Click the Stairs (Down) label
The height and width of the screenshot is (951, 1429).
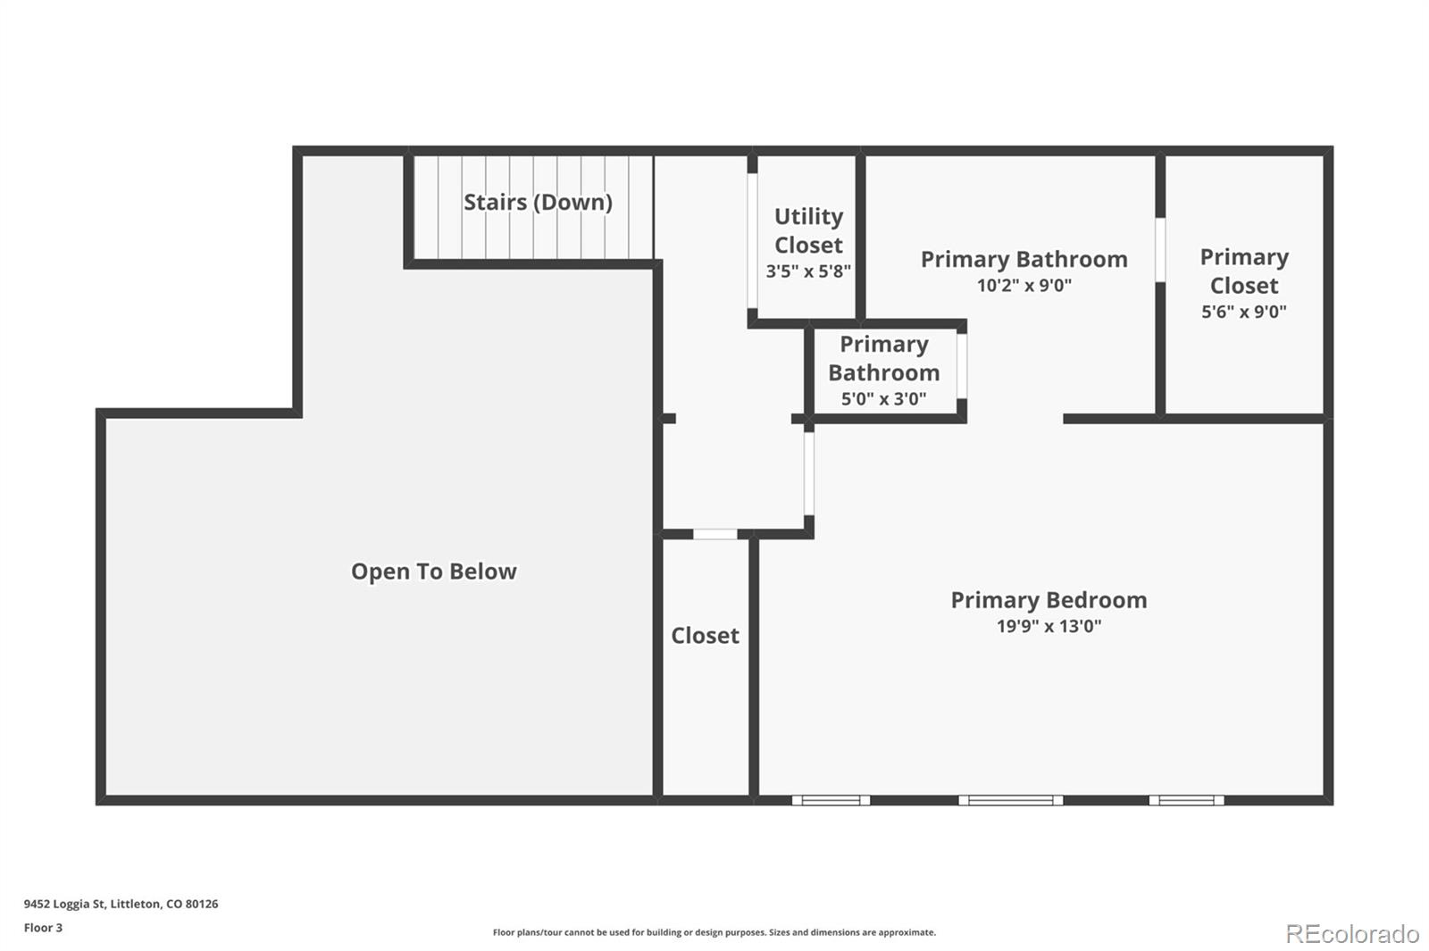coord(538,202)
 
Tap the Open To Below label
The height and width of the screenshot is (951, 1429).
coord(433,571)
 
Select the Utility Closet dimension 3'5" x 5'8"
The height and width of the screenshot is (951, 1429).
coord(808,271)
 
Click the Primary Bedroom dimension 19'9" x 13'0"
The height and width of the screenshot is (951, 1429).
coord(1049,627)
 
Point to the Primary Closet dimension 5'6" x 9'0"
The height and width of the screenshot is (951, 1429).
coord(1243,312)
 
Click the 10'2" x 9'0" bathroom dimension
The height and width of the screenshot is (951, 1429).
coord(1024,286)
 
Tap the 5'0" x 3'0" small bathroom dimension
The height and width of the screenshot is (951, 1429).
coord(883,399)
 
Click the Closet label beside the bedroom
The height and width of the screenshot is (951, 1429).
coord(705,636)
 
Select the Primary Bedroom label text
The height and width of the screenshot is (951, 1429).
coord(1049,600)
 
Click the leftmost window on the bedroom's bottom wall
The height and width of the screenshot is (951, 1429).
coord(831,800)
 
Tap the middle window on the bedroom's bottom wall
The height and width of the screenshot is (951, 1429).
coord(1011,800)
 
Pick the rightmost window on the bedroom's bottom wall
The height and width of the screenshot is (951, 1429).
coord(1186,800)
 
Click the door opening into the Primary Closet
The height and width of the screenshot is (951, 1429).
coord(1160,250)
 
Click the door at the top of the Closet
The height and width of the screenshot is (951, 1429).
coord(715,534)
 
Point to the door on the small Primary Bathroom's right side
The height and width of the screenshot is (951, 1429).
coord(962,366)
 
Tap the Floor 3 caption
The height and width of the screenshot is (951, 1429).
coord(43,928)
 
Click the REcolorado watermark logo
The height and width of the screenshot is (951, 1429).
coord(1351,934)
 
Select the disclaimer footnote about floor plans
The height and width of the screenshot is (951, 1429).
coord(714,932)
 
